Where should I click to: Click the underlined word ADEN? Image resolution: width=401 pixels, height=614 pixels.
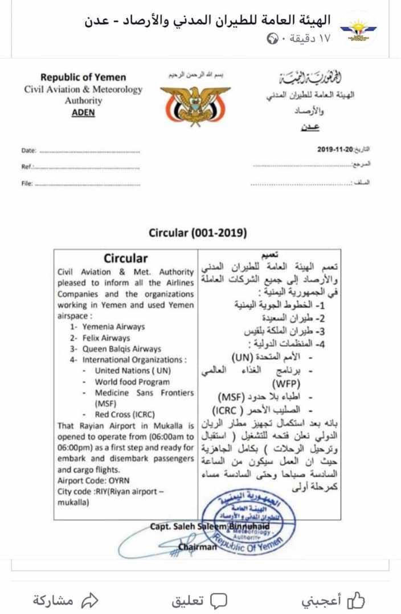[x=83, y=112]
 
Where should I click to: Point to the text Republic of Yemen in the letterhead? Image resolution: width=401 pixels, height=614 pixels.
[x=83, y=77]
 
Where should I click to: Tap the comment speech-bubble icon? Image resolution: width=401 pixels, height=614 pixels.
[x=218, y=599]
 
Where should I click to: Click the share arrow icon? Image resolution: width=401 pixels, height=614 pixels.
[x=90, y=599]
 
